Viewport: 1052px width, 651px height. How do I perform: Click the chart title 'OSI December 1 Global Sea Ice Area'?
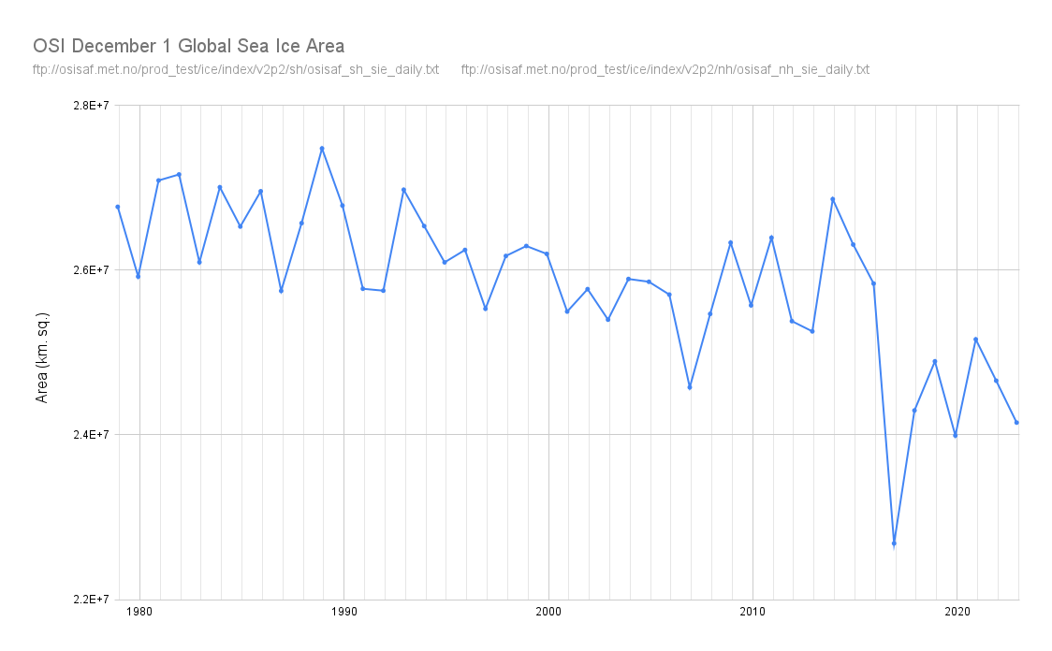coord(188,46)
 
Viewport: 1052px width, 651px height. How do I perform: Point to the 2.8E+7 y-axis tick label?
coord(92,106)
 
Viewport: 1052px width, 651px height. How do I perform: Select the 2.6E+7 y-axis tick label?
coord(92,270)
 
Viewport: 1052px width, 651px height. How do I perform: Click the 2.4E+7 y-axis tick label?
coord(92,435)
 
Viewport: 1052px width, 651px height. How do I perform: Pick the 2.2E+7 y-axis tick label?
coord(92,600)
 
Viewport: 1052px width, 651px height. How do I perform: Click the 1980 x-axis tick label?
coord(139,612)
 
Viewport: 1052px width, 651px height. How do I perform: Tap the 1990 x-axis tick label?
coord(343,612)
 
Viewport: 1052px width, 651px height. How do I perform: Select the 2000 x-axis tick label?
coord(548,612)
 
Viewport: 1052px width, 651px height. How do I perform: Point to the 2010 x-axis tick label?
coord(752,612)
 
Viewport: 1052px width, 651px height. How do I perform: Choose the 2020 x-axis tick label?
coord(957,612)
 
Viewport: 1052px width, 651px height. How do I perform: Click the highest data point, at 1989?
coord(322,149)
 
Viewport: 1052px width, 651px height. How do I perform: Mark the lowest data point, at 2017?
coord(894,543)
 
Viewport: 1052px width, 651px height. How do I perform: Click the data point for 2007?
coord(690,387)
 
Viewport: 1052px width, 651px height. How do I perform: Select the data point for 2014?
coord(832,199)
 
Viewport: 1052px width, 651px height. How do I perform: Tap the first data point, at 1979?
coord(118,207)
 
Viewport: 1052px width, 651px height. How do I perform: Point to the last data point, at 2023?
coord(1016,423)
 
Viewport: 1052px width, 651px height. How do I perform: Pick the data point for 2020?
coord(955,436)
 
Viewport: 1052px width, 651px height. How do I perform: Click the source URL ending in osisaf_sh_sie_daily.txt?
coord(235,70)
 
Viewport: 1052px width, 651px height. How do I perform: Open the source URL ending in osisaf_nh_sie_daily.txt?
coord(665,70)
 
